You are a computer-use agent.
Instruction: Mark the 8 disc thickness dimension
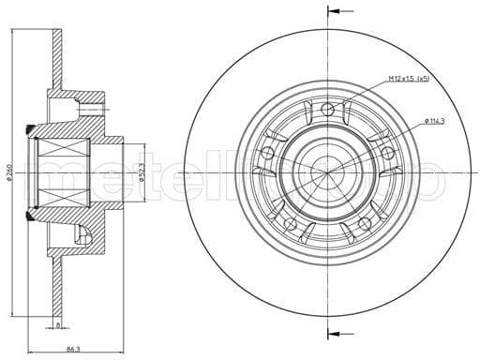pyautogui.click(x=57, y=325)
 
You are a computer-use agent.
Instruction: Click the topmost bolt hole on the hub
pyautogui.click(x=327, y=112)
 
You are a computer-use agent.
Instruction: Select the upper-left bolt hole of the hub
pyautogui.click(x=268, y=153)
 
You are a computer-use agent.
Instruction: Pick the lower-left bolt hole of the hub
pyautogui.click(x=291, y=223)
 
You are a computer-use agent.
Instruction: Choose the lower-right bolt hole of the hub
pyautogui.click(x=364, y=223)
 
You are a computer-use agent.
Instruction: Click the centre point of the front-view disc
pyautogui.click(x=327, y=172)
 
